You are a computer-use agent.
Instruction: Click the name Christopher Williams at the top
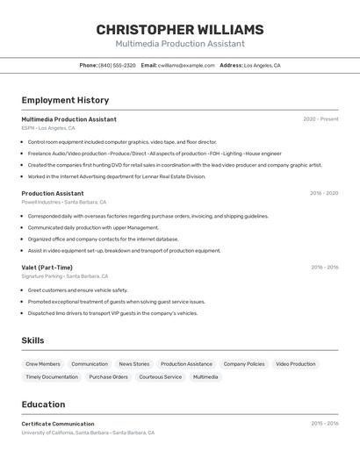180,30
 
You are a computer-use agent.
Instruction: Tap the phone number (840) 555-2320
117,66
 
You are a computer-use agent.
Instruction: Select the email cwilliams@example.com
186,66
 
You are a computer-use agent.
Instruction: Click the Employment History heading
65,100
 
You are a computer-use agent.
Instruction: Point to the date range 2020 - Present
320,119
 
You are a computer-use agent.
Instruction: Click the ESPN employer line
48,128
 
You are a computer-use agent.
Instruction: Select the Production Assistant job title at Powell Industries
53,193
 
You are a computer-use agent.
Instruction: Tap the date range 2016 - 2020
324,193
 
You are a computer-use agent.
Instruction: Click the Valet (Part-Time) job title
47,268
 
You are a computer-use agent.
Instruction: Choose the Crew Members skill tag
43,364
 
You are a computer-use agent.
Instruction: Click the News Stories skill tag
134,364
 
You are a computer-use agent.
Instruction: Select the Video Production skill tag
295,364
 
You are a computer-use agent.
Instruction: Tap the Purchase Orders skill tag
108,377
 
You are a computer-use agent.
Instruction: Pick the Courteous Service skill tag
161,377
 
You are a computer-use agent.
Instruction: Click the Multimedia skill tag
205,377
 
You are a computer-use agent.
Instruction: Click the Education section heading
43,404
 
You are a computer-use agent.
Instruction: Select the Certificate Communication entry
58,424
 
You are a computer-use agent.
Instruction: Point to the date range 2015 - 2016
324,424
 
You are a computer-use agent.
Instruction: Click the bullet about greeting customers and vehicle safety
77,290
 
